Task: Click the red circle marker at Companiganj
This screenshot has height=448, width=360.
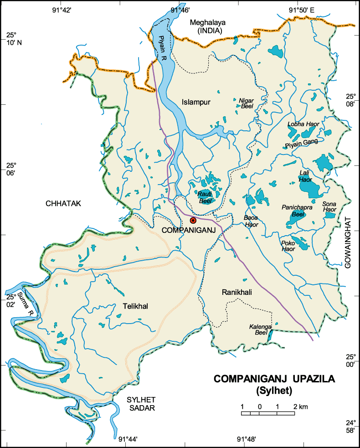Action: click(x=193, y=220)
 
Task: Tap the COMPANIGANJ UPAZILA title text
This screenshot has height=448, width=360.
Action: click(x=274, y=380)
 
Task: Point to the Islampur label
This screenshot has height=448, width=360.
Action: click(x=196, y=102)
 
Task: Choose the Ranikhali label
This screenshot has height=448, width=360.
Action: click(x=237, y=292)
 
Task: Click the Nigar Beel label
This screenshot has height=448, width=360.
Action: click(x=246, y=103)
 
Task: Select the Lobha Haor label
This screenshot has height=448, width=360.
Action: click(x=303, y=124)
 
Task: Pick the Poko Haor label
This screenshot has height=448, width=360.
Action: click(x=288, y=246)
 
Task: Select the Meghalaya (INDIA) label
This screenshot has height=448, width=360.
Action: click(x=208, y=26)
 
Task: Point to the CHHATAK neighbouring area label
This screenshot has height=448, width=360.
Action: click(x=63, y=204)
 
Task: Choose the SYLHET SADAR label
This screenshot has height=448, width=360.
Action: click(x=140, y=404)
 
